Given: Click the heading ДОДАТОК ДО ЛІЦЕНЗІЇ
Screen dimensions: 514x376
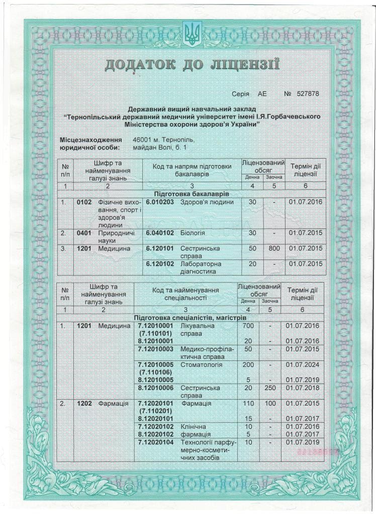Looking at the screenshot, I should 192,65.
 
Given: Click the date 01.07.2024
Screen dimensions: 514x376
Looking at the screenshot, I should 302,364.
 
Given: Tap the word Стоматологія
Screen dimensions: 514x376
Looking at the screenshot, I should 202,364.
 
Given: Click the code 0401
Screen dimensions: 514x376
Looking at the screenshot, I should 84,233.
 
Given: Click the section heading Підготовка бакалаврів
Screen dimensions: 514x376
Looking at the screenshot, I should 191,193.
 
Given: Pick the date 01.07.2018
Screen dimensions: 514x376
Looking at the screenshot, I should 302,388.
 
